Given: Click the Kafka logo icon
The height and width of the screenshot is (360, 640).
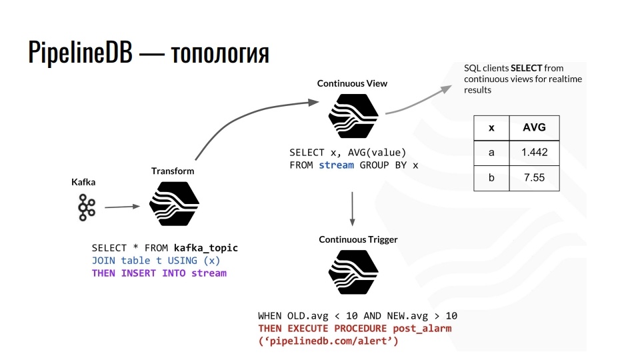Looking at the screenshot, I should coord(86,207).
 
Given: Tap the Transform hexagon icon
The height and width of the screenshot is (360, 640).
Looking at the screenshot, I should coord(174,204).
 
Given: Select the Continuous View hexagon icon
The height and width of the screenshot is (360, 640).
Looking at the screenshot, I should coord(353,116).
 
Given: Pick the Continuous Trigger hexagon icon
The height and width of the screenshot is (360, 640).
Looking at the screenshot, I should coord(353,272).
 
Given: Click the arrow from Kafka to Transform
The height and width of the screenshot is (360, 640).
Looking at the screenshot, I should coord(123,207).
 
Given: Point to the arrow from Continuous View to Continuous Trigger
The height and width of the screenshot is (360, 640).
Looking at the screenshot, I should coord(352,208).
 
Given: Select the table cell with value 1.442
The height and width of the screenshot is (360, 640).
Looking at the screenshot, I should coord(533,153).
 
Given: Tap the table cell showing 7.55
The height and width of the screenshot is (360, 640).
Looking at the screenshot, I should coord(533,178).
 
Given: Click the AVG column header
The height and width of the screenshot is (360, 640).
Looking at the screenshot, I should coord(533,127).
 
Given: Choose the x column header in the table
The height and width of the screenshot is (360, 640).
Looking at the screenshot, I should coord(491,127).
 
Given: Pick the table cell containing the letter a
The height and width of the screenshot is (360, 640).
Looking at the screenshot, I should coord(491,153).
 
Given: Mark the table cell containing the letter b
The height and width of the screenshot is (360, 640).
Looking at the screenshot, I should coord(491,178).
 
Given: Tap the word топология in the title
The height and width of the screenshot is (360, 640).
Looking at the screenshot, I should coord(220,53).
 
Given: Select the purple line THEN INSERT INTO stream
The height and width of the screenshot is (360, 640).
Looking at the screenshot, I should coord(159,273).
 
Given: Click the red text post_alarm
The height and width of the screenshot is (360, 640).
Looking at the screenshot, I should coord(422,328).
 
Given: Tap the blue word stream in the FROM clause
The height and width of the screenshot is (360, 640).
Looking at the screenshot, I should coord(336,165).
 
